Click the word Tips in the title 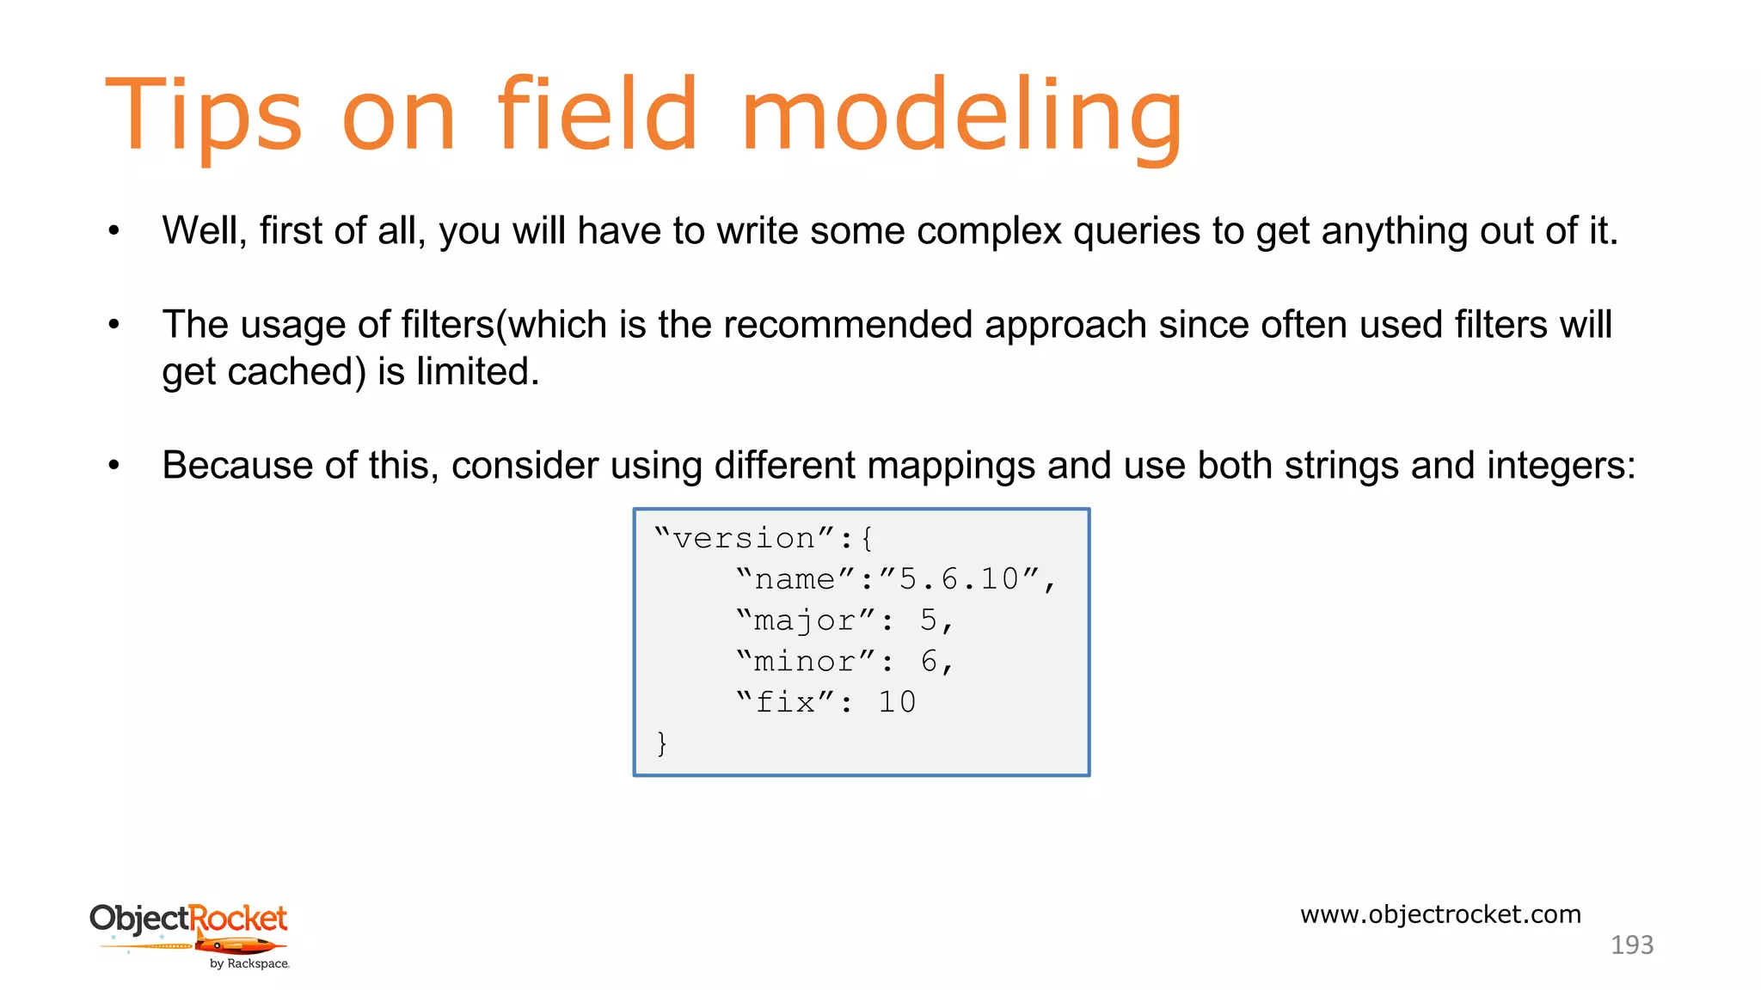(203, 116)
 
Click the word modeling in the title (960, 116)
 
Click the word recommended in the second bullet (848, 326)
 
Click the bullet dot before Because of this (114, 466)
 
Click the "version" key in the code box (744, 539)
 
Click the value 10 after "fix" (897, 703)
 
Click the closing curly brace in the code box (661, 742)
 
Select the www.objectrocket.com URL (1440, 914)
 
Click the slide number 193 (1631, 945)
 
